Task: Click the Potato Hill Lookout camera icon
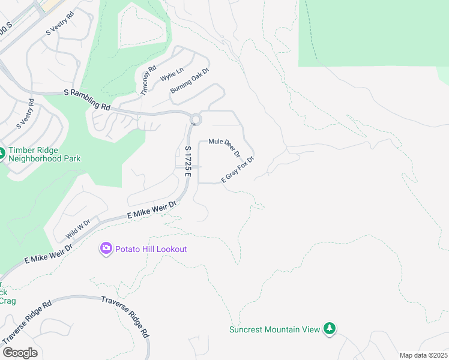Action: [x=106, y=248]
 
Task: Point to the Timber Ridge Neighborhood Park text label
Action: [x=44, y=155]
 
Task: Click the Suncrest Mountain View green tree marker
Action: [x=329, y=328]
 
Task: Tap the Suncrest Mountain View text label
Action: [x=275, y=329]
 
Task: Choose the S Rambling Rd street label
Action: [x=88, y=100]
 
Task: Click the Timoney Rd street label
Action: [x=148, y=80]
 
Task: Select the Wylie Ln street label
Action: [x=171, y=75]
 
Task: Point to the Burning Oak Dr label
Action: [x=189, y=80]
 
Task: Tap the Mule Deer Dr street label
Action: [x=224, y=147]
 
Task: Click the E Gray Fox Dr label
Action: [x=238, y=170]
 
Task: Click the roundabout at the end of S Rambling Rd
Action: [x=195, y=120]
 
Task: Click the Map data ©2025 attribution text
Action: [x=423, y=355]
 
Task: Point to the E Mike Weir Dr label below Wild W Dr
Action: [x=48, y=254]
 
